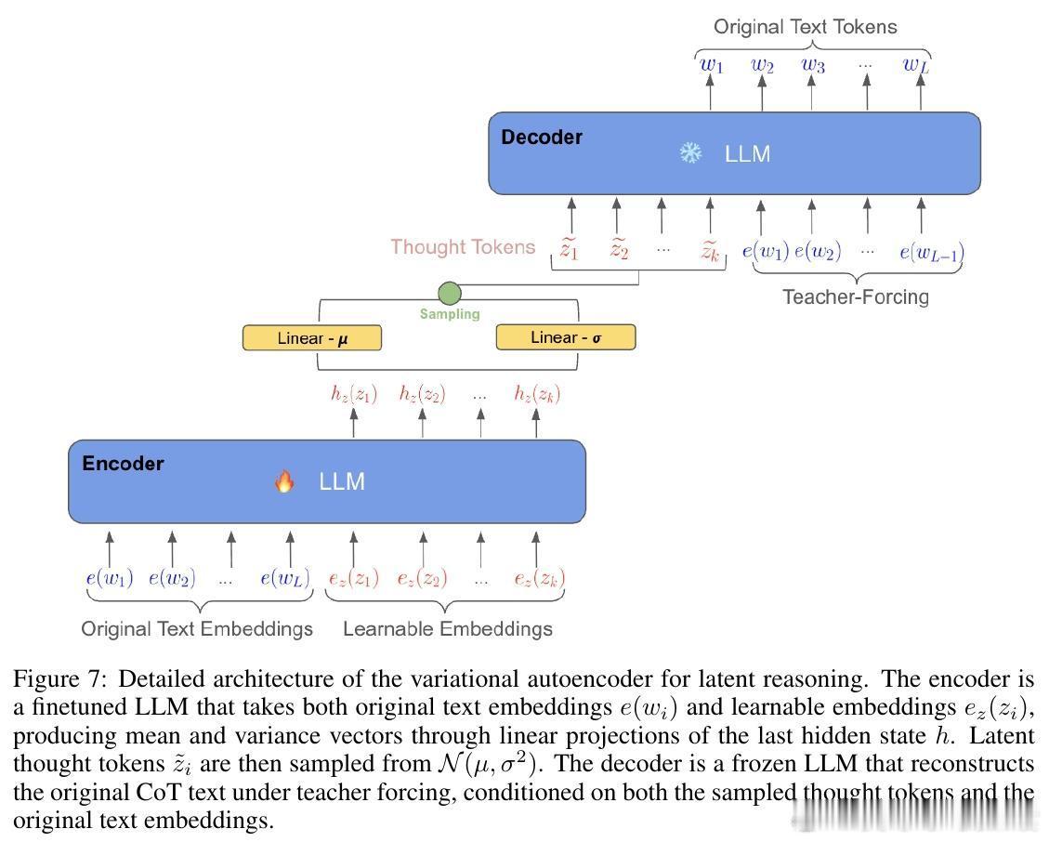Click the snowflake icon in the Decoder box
690,153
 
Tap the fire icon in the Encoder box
284,481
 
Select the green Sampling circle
450,294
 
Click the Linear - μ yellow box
311,338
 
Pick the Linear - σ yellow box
565,337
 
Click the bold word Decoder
542,138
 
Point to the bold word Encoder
123,464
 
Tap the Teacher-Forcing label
855,297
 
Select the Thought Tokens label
463,247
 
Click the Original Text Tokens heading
805,26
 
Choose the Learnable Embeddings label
447,629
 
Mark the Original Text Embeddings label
197,629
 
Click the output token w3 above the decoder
812,65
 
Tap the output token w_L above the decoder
916,65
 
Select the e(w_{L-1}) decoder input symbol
932,252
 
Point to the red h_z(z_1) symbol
354,394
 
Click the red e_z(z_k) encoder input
539,579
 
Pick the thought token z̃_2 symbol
618,250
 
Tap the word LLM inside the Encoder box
342,481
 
